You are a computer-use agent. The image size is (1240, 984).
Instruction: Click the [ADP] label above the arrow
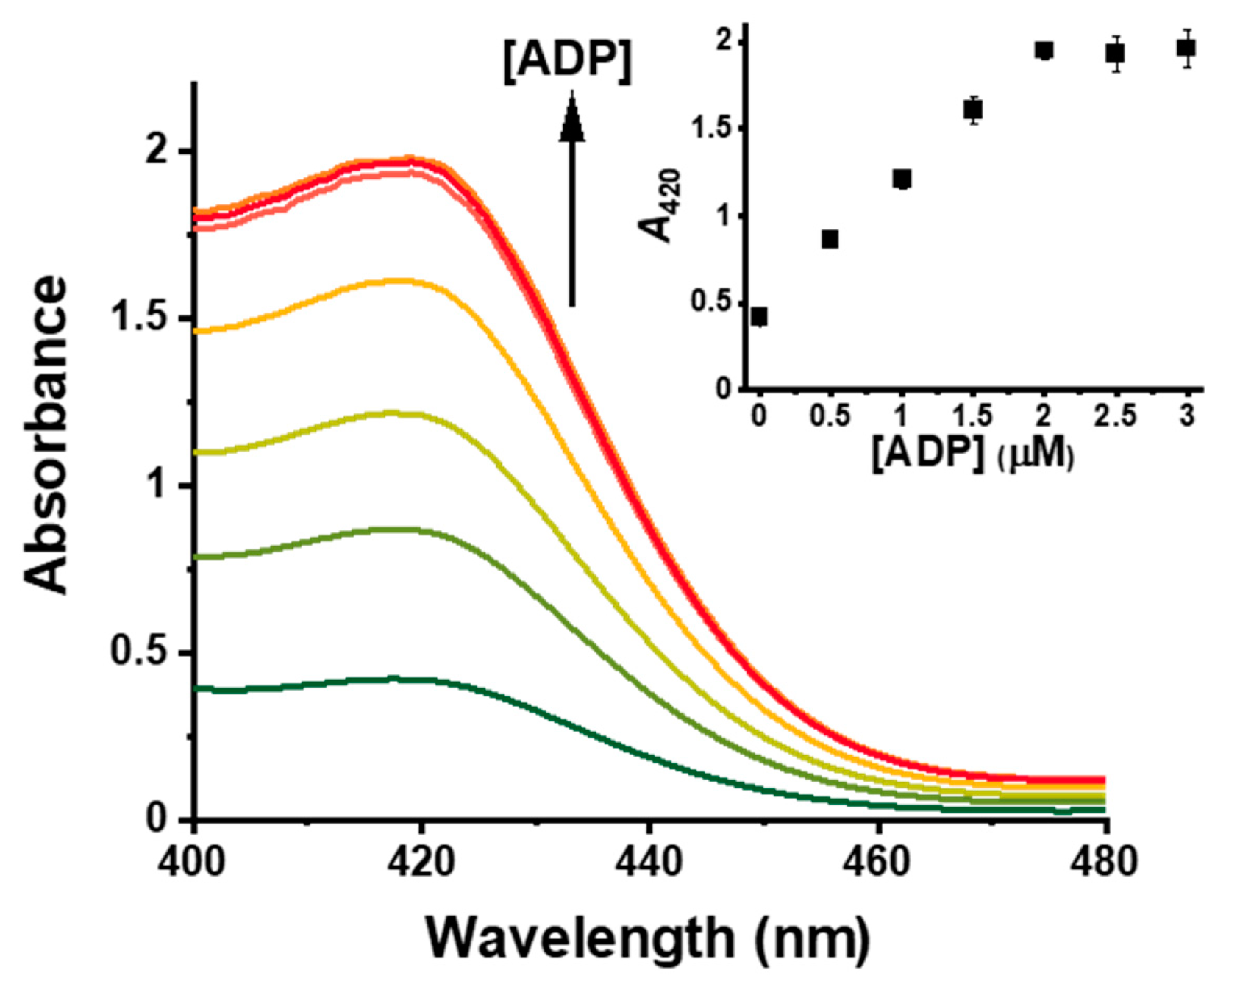point(567,62)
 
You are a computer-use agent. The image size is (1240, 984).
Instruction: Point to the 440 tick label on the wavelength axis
point(649,860)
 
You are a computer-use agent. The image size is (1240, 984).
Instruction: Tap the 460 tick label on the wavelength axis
point(877,860)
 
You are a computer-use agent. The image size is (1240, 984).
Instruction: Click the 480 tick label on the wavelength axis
point(1105,860)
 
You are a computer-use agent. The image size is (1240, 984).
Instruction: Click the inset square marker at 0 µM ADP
point(759,317)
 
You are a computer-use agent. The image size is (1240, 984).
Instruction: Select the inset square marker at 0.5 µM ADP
point(830,239)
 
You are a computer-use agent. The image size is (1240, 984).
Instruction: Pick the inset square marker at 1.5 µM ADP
point(973,110)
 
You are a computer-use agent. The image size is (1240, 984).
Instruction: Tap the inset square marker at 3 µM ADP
point(1186,49)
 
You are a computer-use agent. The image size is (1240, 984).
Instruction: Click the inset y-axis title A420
point(659,206)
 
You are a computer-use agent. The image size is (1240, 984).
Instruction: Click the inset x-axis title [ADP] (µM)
point(972,454)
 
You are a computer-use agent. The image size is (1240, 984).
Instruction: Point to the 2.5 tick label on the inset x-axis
point(1115,417)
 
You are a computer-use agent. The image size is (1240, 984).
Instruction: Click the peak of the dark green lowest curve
point(394,678)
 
